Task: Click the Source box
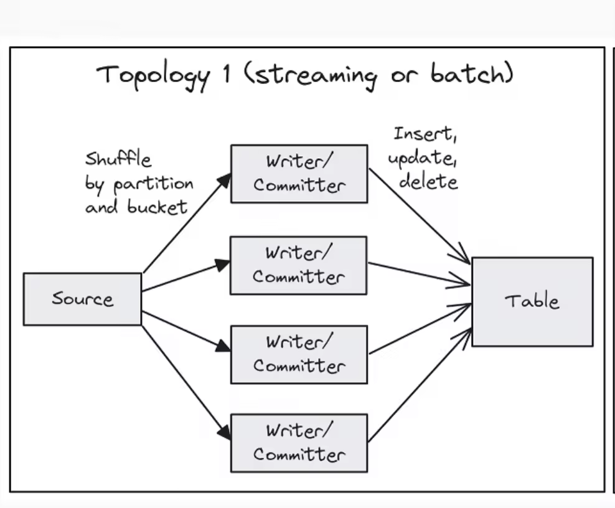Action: (82, 299)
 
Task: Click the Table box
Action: (532, 302)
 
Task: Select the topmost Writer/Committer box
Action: (299, 174)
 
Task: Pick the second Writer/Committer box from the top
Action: (299, 265)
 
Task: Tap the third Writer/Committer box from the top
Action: (299, 354)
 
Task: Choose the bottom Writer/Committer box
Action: (299, 443)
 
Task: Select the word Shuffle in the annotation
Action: (118, 159)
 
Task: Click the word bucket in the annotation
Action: (157, 207)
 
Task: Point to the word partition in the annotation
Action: (153, 185)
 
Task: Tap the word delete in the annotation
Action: (428, 181)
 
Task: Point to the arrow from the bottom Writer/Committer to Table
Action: (421, 386)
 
